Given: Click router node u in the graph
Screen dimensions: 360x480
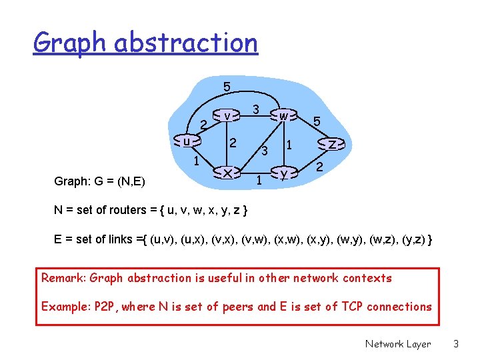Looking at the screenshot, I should [x=187, y=141].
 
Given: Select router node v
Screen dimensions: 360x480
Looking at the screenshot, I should [x=227, y=116].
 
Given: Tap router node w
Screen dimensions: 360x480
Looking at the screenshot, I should [x=284, y=116].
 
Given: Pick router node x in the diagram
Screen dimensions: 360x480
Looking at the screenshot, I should [x=228, y=173].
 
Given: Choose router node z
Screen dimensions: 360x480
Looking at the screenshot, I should [x=332, y=144].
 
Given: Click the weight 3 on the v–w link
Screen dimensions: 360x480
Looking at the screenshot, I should [x=255, y=108].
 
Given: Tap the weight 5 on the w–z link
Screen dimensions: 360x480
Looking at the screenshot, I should [x=317, y=122].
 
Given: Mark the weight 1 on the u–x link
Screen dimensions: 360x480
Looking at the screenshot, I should [x=196, y=161].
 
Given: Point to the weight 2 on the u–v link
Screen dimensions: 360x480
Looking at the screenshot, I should [x=203, y=124].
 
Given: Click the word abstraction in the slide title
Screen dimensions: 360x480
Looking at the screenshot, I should [x=186, y=43].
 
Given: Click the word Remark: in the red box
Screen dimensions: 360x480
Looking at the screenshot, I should [x=63, y=278].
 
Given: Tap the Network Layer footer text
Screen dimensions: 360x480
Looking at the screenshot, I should [x=398, y=344].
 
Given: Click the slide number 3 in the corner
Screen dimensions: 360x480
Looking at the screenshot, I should [x=456, y=344].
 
